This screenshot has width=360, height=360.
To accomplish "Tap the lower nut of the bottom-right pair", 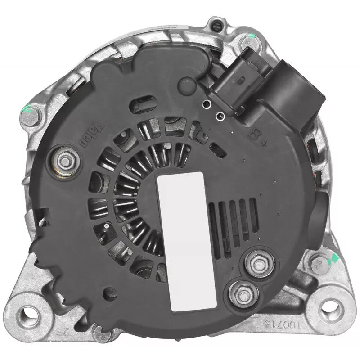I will (243, 294).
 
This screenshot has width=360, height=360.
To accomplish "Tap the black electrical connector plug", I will (274, 88).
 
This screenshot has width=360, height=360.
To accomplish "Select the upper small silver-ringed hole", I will (207, 105).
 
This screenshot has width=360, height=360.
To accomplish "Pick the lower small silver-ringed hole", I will (220, 117).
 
